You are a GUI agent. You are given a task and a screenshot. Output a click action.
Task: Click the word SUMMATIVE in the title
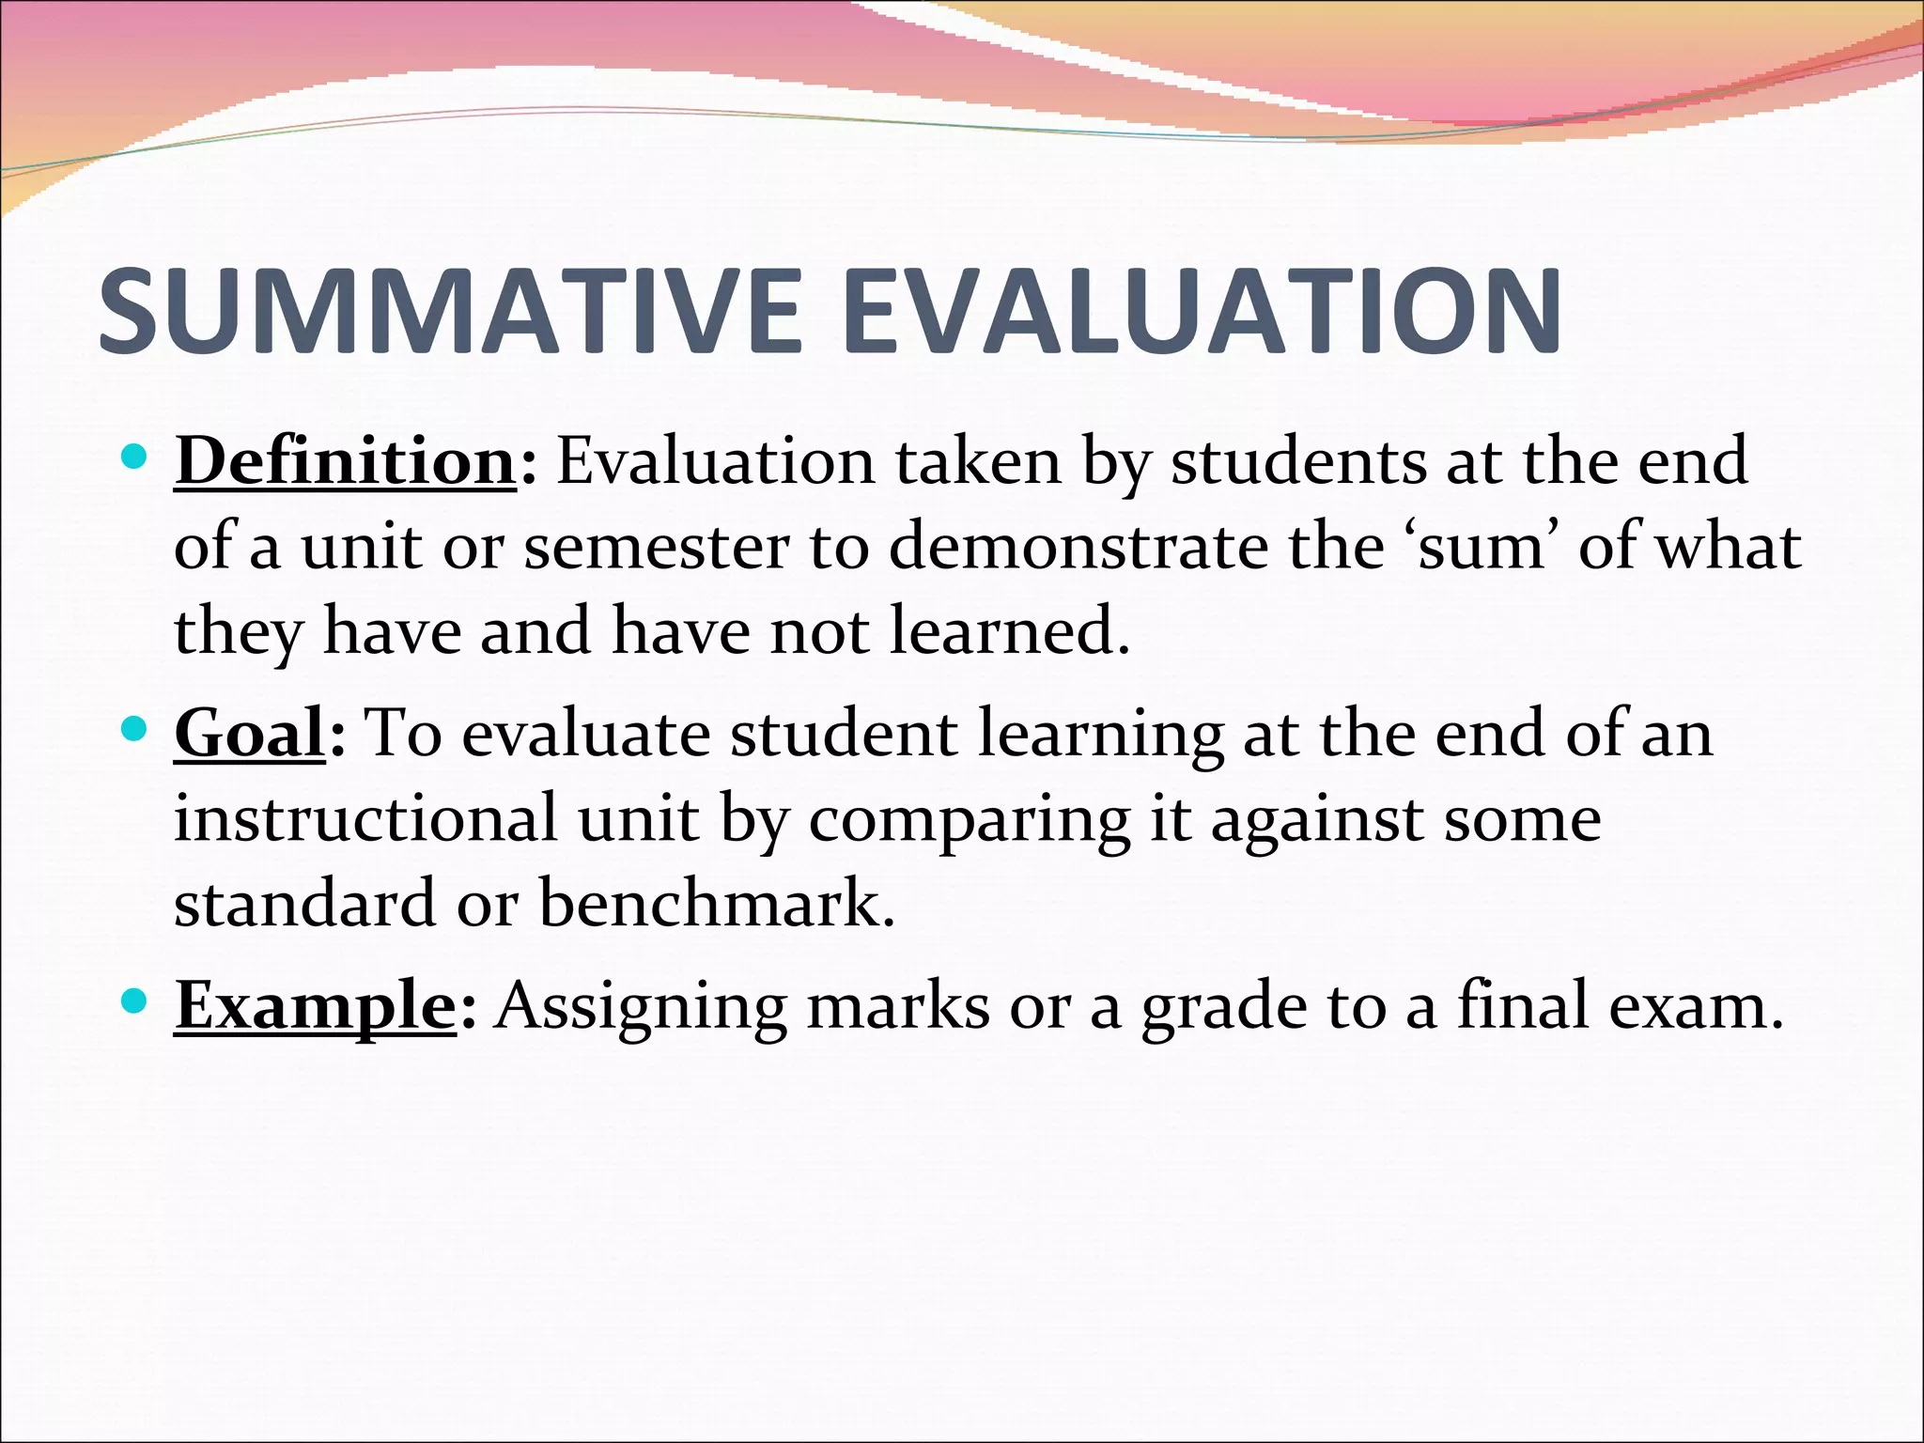tap(449, 312)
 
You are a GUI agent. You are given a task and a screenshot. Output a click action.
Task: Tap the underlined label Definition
tap(345, 462)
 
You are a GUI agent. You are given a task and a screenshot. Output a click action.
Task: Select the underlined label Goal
tap(249, 734)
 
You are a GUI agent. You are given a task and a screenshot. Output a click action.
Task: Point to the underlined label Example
tap(315, 1006)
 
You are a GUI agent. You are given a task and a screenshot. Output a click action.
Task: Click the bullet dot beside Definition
tap(135, 458)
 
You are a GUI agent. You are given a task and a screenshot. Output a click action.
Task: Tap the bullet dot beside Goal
tap(135, 729)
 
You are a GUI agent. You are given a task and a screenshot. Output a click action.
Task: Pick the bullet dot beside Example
tap(135, 1001)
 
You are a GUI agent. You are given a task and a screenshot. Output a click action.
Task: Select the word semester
tap(656, 548)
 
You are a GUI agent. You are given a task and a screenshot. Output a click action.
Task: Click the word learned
tap(1009, 631)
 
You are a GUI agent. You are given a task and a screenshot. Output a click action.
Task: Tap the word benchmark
tap(717, 904)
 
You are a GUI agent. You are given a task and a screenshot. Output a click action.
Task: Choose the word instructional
tap(365, 819)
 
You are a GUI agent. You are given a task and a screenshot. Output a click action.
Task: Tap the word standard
tap(304, 904)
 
